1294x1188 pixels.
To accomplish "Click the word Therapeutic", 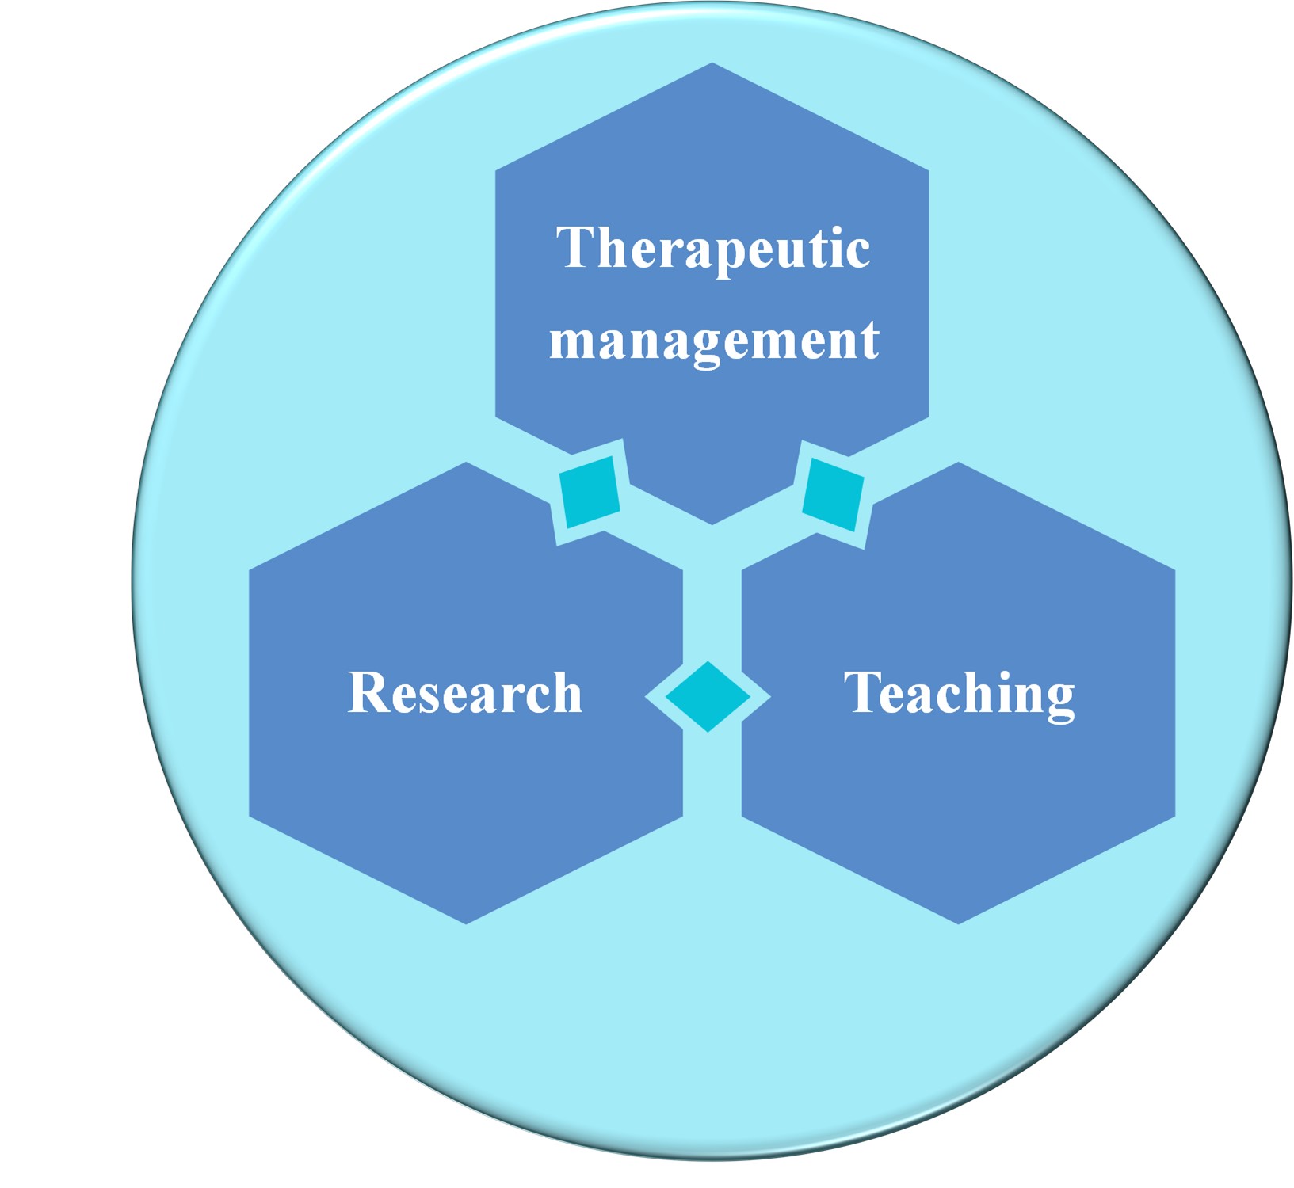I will click(x=712, y=248).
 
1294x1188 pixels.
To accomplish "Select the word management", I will click(x=714, y=341).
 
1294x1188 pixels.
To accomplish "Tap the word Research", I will click(x=465, y=693).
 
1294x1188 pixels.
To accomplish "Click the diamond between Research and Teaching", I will click(x=708, y=696).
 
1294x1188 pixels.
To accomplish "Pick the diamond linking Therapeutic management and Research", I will click(x=590, y=492).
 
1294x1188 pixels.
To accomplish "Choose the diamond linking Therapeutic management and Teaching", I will click(x=833, y=494).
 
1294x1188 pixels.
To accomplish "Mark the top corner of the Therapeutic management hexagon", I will click(x=712, y=64).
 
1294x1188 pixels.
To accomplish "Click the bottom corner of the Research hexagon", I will click(x=466, y=923).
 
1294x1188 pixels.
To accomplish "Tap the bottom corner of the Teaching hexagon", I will click(x=959, y=923).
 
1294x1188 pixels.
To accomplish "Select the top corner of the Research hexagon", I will click(x=466, y=463).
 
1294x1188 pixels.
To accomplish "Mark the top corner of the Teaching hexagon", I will click(x=959, y=463).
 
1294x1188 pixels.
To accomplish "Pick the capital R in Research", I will click(x=368, y=693).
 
